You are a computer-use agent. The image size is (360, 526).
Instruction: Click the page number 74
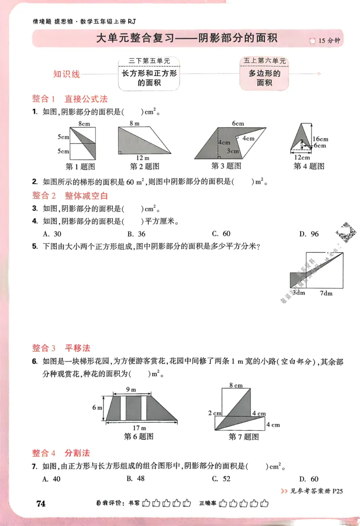tap(40, 504)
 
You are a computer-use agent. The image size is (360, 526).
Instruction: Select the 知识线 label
tap(66, 74)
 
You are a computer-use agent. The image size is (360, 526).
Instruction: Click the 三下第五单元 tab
tap(149, 61)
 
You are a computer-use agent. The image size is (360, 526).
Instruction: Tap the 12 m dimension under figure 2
tap(143, 157)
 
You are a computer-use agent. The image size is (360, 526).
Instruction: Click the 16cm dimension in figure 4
tap(320, 139)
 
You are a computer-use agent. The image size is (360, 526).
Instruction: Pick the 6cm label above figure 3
tap(238, 123)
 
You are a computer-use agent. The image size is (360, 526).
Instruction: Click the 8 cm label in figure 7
tap(235, 385)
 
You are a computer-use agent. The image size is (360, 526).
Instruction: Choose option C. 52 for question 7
tap(221, 479)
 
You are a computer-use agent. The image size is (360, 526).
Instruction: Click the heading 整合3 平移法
tap(61, 348)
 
